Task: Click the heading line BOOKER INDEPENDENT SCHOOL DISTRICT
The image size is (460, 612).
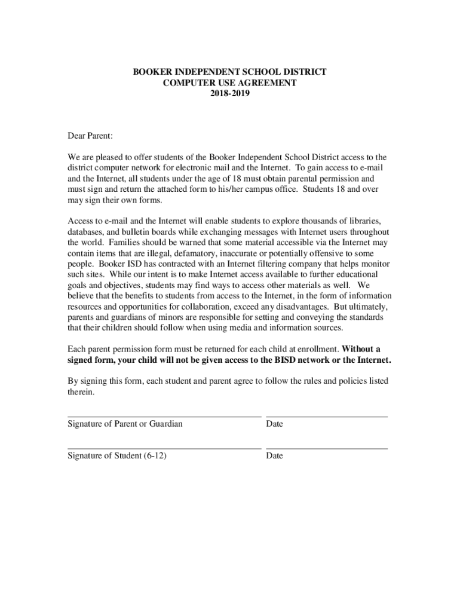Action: [229, 72]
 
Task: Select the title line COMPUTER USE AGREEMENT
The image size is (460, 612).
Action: [229, 82]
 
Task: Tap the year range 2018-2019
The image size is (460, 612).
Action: [229, 93]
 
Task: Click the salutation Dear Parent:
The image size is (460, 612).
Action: [90, 136]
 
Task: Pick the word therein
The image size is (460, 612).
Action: [81, 392]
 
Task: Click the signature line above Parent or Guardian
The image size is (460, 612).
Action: [164, 415]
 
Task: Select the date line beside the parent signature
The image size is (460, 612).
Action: [326, 415]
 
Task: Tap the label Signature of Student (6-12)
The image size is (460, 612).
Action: [117, 456]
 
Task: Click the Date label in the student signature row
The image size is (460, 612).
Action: [275, 456]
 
